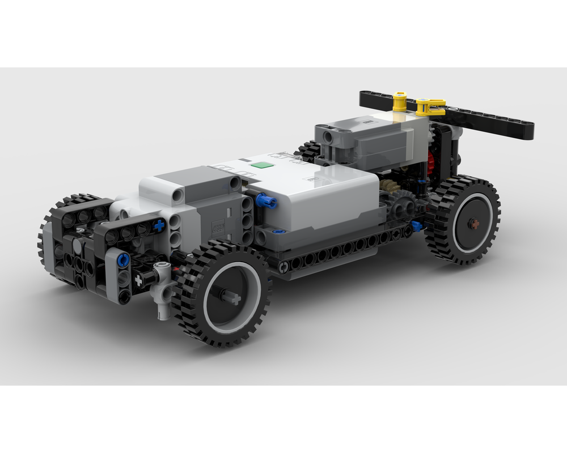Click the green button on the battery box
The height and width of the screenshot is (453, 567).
tap(262, 165)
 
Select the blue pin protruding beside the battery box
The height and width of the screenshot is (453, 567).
tap(265, 200)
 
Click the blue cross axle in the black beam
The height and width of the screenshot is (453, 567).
tap(159, 225)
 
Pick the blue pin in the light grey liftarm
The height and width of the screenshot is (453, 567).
tap(123, 260)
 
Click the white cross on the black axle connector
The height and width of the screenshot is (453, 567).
tap(138, 279)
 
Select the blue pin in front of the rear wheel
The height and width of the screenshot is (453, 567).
tap(417, 226)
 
